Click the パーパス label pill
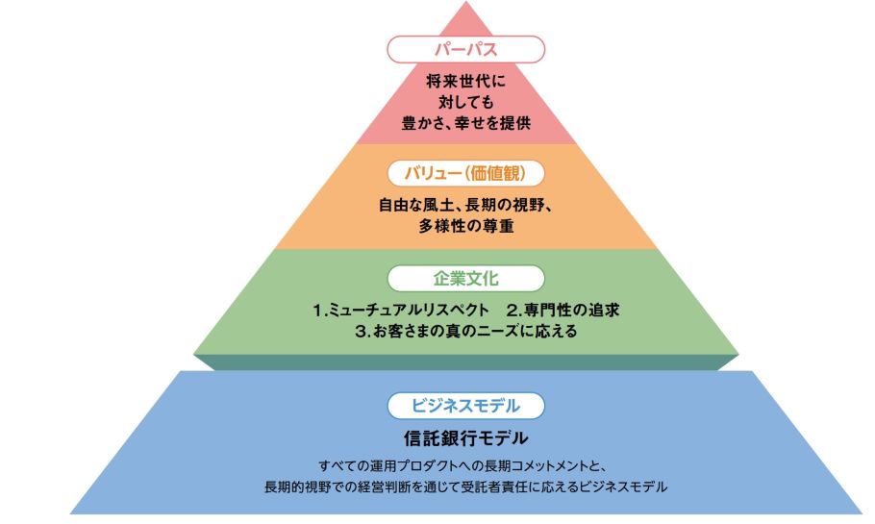466,48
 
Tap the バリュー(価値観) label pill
466,173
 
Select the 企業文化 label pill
466,279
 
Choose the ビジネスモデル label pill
466,405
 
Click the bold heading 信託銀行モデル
466,438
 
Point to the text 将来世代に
466,83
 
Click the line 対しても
466,103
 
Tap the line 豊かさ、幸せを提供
466,123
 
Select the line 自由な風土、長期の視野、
466,205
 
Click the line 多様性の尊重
466,227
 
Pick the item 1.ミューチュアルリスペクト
394,311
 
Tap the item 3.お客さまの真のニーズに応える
466,332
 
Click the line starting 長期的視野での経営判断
466,487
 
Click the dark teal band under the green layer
466,362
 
